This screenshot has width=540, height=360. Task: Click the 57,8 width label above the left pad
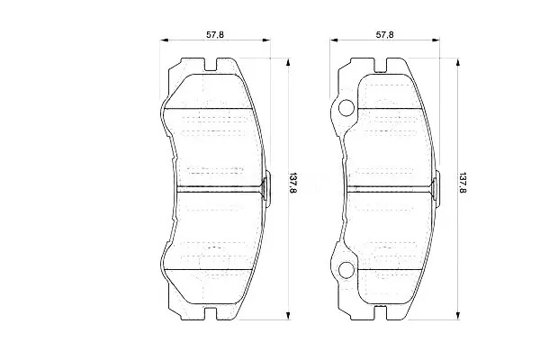pos(215,34)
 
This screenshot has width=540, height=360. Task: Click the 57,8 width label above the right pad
pos(384,34)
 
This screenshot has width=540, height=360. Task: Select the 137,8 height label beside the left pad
pos(292,183)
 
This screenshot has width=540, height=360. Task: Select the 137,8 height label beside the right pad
pos(463,183)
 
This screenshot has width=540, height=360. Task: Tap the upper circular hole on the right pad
pos(346,108)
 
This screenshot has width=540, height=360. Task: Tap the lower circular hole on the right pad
pos(346,270)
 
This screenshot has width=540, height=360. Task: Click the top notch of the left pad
pos(211,65)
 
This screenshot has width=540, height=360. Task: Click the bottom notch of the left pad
pos(211,313)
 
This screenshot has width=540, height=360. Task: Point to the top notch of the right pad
pos(380,65)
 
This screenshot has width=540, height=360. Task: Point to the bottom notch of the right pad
pos(380,313)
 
